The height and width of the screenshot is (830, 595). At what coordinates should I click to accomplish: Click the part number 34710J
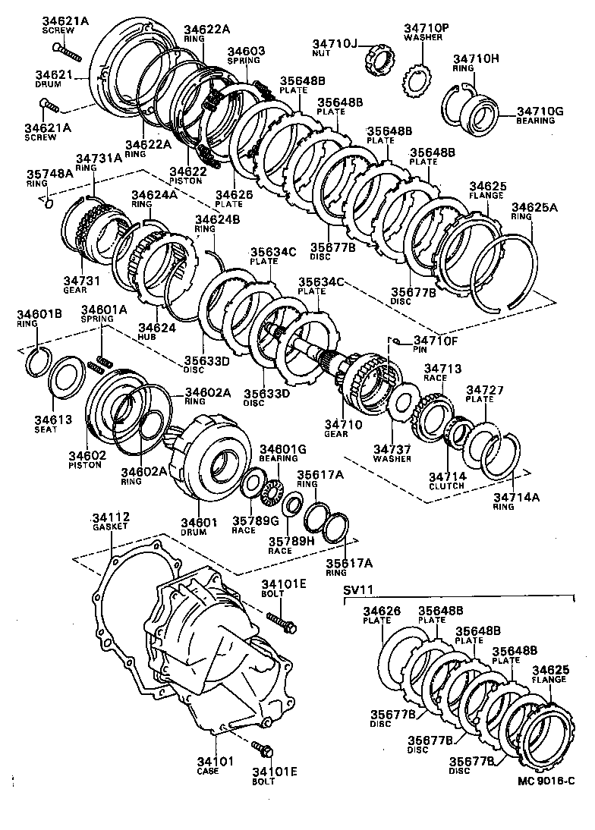(333, 44)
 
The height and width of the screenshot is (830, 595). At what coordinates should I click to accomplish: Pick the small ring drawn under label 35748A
(47, 202)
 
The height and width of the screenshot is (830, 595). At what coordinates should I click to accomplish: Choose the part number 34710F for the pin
(436, 341)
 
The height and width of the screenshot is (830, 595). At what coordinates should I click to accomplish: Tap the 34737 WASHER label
(392, 454)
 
